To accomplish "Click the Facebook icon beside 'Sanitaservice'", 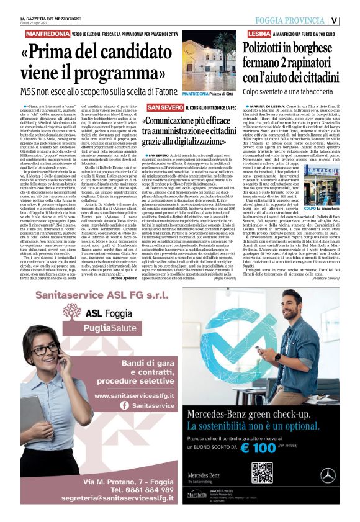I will pos(124,405).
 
